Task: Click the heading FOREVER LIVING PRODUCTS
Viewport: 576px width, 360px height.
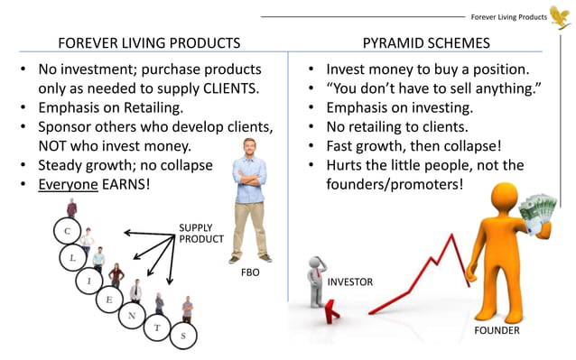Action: click(x=149, y=42)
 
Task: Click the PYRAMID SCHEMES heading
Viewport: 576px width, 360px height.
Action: click(x=426, y=42)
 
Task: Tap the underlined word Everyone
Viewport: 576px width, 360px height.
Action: click(x=68, y=184)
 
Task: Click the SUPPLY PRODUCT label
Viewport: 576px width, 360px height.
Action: click(x=196, y=234)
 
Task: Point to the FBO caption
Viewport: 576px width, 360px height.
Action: click(x=250, y=272)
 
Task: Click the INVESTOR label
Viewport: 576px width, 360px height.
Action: click(x=349, y=282)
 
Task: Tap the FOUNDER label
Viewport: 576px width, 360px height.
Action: click(x=497, y=331)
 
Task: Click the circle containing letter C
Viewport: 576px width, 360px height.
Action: click(x=66, y=232)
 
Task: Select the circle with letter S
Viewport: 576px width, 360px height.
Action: click(x=183, y=337)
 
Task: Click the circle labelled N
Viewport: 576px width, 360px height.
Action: click(x=132, y=315)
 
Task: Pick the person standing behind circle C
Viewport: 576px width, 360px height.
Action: click(x=71, y=209)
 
